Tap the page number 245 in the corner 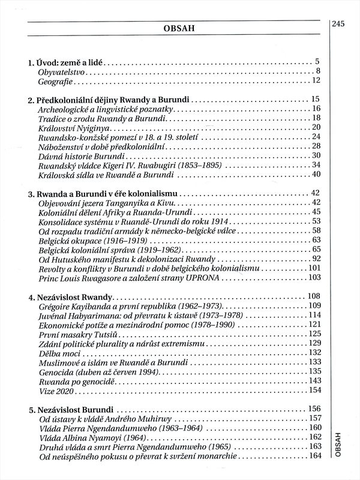[340, 25]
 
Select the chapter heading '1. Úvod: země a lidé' [67, 61]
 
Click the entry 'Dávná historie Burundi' [80, 156]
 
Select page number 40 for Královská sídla [316, 175]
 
